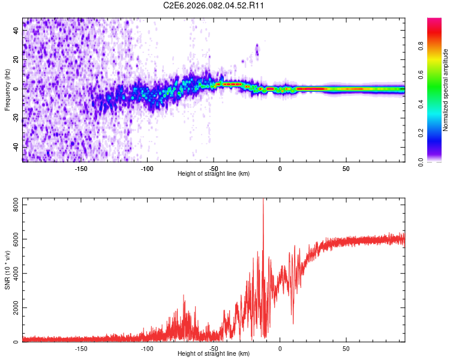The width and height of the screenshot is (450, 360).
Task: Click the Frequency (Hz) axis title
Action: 7,90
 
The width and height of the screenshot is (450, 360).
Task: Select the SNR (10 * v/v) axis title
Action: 7,270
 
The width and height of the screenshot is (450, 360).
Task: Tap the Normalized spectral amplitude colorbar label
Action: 445,90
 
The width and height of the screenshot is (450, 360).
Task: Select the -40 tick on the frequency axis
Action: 16,146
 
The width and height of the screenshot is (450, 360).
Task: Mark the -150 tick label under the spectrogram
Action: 81,168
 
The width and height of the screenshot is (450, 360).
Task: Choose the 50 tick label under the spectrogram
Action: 346,168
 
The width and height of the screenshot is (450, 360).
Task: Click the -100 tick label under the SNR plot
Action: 148,348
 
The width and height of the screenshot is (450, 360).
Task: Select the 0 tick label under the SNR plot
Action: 280,348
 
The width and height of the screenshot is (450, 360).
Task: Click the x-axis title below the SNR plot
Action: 214,354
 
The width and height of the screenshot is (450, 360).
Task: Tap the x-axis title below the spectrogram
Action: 214,173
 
